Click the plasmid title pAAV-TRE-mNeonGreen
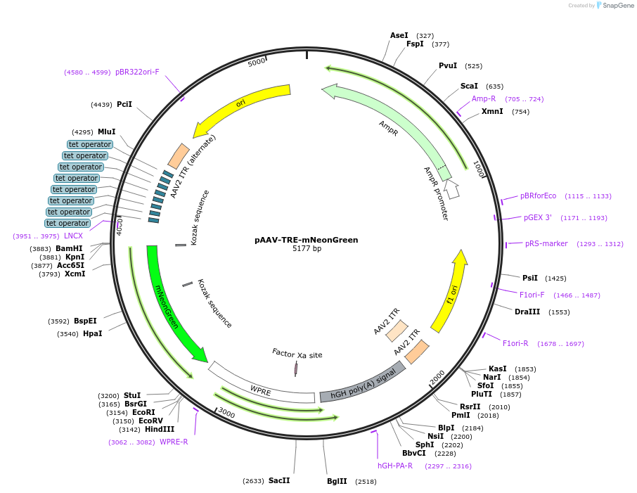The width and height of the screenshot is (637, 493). [x=306, y=240]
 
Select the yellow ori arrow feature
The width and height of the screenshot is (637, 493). [x=243, y=108]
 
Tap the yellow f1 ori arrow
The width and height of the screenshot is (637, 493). [x=450, y=292]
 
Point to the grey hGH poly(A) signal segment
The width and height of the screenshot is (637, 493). [x=362, y=383]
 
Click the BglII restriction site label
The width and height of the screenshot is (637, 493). [x=337, y=481]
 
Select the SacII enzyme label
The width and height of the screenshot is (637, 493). [x=279, y=480]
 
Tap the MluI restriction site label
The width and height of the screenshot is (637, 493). [x=107, y=132]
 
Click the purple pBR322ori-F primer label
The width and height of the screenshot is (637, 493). [x=137, y=72]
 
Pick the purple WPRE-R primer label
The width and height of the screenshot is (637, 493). [x=174, y=442]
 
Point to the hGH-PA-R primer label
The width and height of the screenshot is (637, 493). [x=395, y=466]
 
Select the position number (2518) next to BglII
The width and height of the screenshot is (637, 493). [x=366, y=481]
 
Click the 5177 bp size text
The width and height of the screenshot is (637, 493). [x=307, y=249]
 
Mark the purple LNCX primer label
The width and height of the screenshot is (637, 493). [x=73, y=236]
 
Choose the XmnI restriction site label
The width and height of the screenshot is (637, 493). [x=492, y=111]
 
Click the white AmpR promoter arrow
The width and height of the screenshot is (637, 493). [x=451, y=188]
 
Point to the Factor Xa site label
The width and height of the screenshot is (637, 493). [x=297, y=355]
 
